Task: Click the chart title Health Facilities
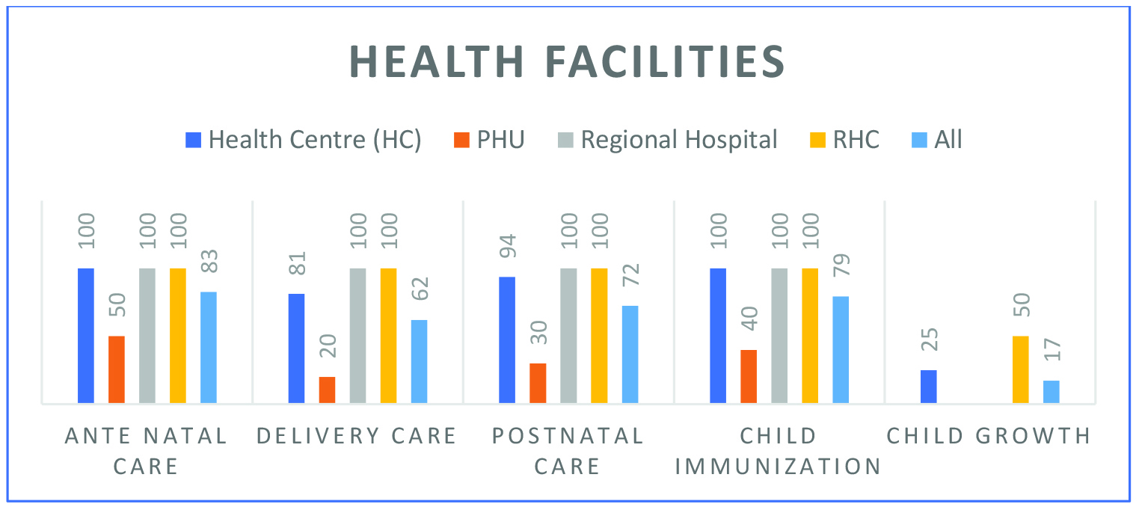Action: point(567,62)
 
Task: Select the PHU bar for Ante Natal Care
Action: point(117,369)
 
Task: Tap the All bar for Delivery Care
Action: point(420,361)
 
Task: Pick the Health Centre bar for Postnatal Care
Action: point(507,340)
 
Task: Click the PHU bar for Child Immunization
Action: point(749,376)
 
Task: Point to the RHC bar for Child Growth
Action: point(1021,369)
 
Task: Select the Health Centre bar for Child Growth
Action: point(929,387)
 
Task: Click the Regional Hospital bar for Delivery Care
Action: point(358,336)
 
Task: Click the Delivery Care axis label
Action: point(357,436)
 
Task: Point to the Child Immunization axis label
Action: point(779,451)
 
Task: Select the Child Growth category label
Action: point(989,436)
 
